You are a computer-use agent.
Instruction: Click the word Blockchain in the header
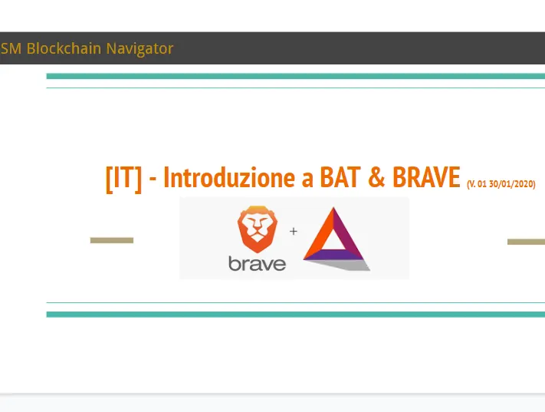[64, 48]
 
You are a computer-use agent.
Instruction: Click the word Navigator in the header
[140, 49]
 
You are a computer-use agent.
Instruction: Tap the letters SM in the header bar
[11, 48]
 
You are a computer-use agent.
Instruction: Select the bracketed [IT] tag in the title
[123, 179]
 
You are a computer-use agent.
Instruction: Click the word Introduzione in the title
[229, 177]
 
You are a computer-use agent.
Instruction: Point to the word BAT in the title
[340, 177]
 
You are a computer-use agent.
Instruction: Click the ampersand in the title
[376, 177]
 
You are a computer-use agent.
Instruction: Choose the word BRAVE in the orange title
[426, 177]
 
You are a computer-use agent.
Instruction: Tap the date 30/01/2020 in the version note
[512, 183]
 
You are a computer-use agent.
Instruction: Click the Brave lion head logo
[258, 229]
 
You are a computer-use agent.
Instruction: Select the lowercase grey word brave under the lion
[258, 263]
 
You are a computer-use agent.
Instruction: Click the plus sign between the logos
[294, 231]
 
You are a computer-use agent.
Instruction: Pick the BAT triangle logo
[336, 239]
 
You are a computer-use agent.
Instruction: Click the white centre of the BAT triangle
[333, 240]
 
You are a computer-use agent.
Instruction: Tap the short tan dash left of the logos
[112, 240]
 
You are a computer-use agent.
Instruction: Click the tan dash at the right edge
[527, 242]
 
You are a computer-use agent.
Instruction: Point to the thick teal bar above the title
[295, 76]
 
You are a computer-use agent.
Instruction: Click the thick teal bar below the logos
[295, 315]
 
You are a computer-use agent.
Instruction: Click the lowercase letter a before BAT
[307, 180]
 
